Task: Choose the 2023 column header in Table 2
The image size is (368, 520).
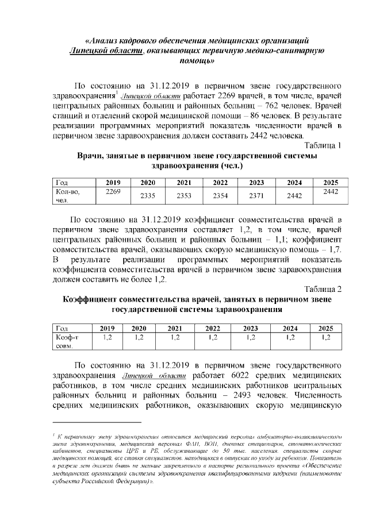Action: [250, 328]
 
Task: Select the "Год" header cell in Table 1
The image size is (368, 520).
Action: [62, 183]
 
